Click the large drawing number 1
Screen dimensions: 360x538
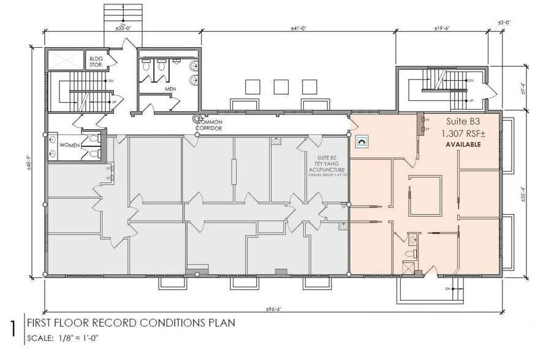pos(12,328)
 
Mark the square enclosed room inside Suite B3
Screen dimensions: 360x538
pos(424,193)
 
